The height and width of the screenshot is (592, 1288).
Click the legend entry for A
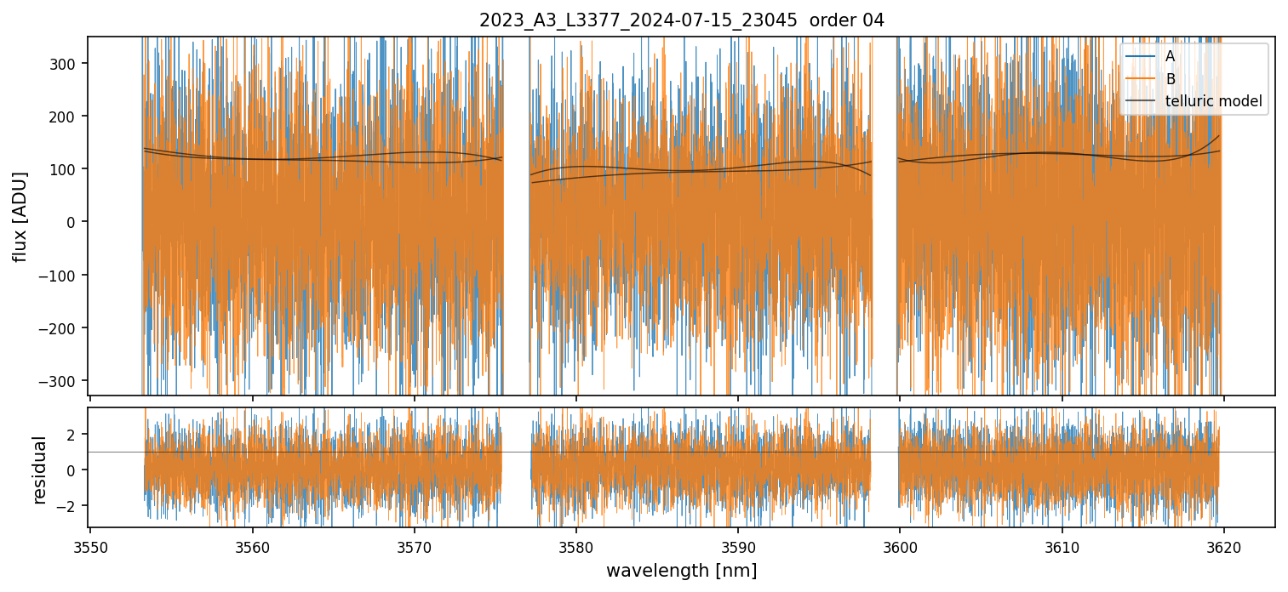coord(1170,56)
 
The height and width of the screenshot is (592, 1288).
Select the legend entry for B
coord(1170,79)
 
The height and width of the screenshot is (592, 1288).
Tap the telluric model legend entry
coord(1213,102)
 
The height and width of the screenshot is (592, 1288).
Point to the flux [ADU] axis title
coord(20,216)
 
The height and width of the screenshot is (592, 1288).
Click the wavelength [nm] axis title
coord(681,571)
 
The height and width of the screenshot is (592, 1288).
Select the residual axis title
coord(39,469)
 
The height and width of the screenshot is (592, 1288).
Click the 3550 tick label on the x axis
coord(91,547)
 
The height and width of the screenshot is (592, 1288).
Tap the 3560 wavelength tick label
coord(253,547)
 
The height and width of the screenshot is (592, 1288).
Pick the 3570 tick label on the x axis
coord(415,547)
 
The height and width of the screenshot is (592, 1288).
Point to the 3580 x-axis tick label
coord(576,547)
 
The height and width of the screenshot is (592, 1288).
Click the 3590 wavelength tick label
coord(738,547)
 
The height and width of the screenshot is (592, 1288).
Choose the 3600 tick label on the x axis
coord(900,547)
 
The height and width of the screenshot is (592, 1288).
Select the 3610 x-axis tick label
coord(1062,547)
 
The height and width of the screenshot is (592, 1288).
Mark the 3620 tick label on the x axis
coord(1224,547)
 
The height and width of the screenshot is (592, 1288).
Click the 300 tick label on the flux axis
coord(65,64)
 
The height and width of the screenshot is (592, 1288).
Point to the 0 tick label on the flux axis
coord(73,222)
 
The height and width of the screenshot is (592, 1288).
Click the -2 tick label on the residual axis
coord(69,506)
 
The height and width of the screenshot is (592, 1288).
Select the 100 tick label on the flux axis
coord(65,169)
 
